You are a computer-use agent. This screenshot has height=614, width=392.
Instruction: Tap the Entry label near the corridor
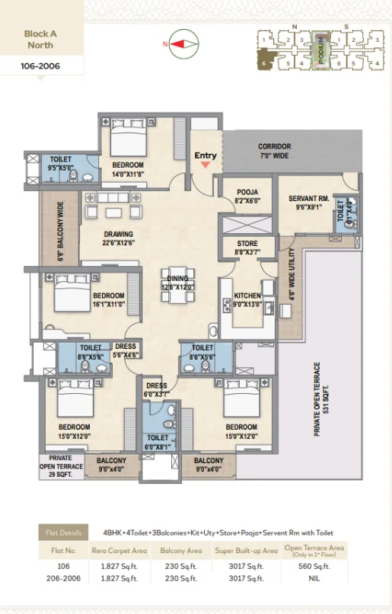point(206,156)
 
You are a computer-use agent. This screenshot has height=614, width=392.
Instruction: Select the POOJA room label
point(247,196)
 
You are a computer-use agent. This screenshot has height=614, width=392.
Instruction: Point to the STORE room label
point(247,248)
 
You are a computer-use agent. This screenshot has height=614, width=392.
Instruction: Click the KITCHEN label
point(248,299)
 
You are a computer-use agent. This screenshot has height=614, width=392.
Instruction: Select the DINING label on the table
point(178,283)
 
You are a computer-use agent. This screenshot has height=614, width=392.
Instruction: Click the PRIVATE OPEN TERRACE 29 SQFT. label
point(60,466)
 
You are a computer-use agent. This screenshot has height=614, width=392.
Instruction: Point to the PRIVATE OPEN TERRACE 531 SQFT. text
point(322,400)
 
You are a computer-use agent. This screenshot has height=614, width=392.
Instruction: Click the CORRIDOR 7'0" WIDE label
point(274,151)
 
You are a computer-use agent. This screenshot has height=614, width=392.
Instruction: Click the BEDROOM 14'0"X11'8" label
point(129,169)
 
